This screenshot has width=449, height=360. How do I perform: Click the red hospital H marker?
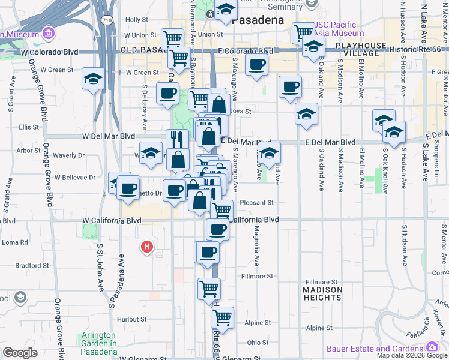pos(146,247)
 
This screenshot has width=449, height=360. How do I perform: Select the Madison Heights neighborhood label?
pos(322,294)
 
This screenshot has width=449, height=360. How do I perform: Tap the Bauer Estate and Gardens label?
pos(376,349)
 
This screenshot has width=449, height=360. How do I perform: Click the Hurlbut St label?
pos(133,319)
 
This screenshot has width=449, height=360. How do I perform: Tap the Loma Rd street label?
pos(15,242)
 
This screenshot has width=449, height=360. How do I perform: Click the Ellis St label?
pos(28,127)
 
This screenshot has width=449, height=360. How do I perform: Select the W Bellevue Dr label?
pos(75,178)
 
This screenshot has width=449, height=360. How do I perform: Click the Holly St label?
pos(136,20)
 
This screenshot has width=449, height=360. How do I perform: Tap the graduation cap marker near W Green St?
pos(93,79)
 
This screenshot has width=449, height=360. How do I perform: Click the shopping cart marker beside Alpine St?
pos(222,319)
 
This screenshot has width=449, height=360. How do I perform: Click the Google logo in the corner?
pos(20,352)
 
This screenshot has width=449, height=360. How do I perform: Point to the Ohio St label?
pos(257,343)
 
